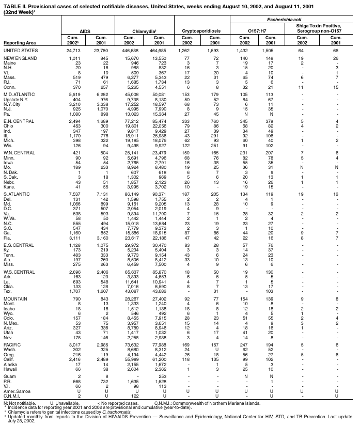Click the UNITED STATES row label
point(19,51)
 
